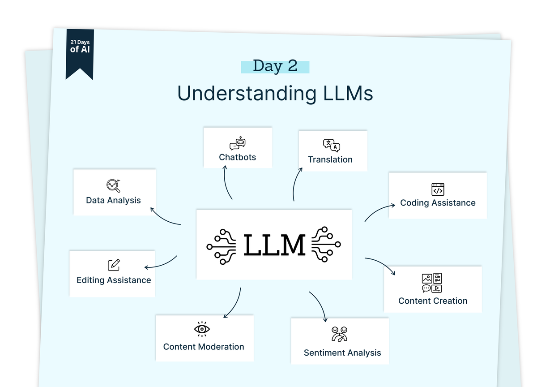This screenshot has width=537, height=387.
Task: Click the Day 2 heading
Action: click(275, 66)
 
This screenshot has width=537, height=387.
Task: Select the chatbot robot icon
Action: click(238, 144)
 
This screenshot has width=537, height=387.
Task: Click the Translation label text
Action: click(330, 159)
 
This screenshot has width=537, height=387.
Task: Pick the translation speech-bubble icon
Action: click(331, 146)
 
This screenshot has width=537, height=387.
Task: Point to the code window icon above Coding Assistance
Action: click(438, 189)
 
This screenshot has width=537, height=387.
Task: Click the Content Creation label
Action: click(433, 301)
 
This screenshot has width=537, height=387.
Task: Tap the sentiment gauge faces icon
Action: click(339, 334)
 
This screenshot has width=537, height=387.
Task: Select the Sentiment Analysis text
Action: click(342, 353)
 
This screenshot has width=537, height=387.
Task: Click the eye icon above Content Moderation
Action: click(202, 329)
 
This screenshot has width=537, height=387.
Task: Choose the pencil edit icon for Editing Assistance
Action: click(114, 265)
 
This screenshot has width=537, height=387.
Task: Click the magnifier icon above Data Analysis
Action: click(113, 185)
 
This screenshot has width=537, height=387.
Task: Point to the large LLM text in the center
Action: click(274, 245)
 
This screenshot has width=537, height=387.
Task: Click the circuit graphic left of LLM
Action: click(222, 245)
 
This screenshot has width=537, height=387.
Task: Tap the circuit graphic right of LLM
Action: click(326, 245)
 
